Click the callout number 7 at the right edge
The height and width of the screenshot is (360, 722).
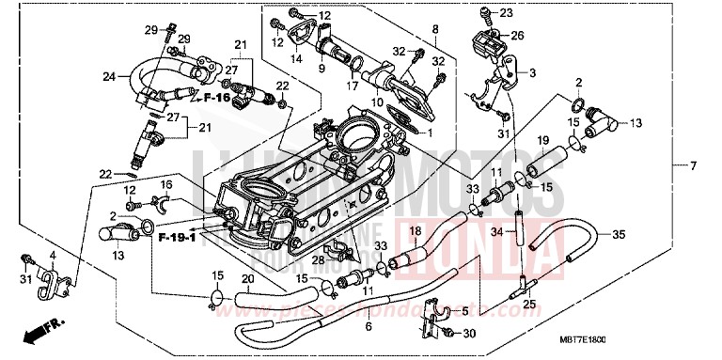[693, 167]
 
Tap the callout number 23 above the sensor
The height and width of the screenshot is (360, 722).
[508, 12]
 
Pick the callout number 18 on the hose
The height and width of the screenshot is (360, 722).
[415, 230]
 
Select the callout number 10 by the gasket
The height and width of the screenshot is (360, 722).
[376, 102]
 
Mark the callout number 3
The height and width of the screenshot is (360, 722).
[531, 72]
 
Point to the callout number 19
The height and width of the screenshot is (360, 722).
[542, 141]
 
